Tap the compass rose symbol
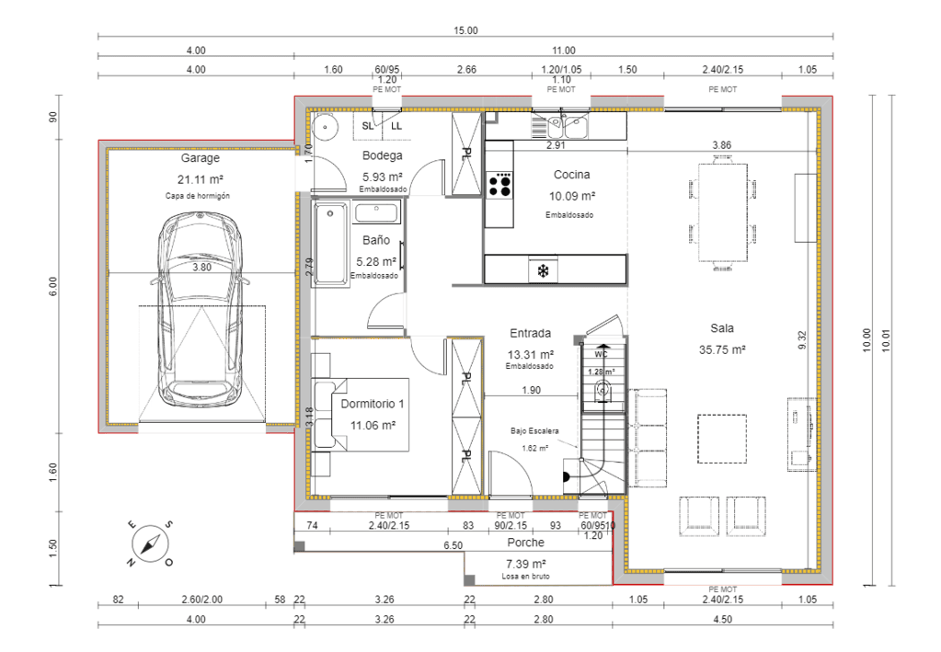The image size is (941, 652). click(x=149, y=543)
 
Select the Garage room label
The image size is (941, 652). click(x=200, y=158)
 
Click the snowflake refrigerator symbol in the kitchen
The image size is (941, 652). click(x=544, y=271)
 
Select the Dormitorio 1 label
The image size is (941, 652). click(x=372, y=405)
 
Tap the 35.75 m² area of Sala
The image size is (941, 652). click(x=721, y=349)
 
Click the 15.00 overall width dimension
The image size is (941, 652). click(x=465, y=30)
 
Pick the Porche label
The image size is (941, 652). click(x=525, y=543)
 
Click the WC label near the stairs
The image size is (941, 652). click(x=601, y=353)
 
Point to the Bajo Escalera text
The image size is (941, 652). click(x=534, y=430)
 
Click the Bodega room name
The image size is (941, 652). click(x=383, y=155)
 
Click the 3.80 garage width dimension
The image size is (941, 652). click(x=201, y=268)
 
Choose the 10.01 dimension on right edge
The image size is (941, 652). click(x=886, y=340)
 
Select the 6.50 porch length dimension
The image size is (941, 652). click(x=453, y=545)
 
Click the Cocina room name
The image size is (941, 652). click(x=571, y=175)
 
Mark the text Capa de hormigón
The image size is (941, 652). click(x=197, y=196)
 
